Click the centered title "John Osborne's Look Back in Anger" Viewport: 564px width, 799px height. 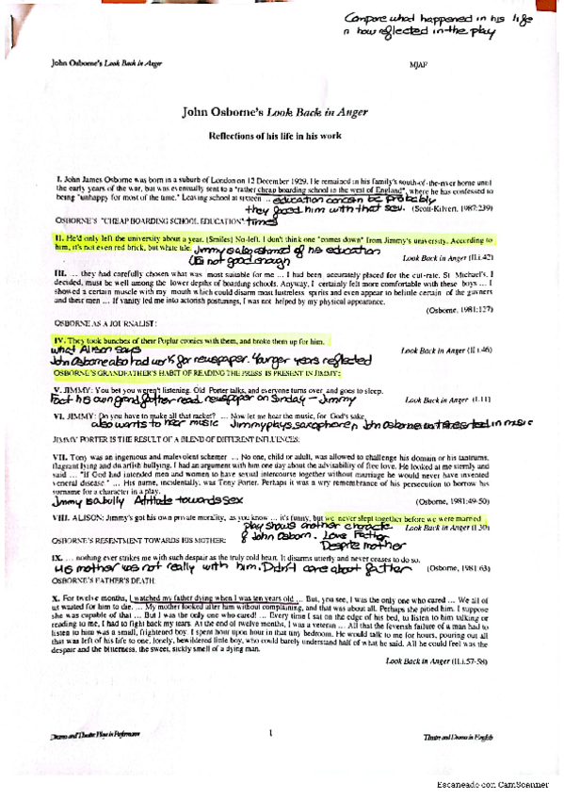pos(282,111)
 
